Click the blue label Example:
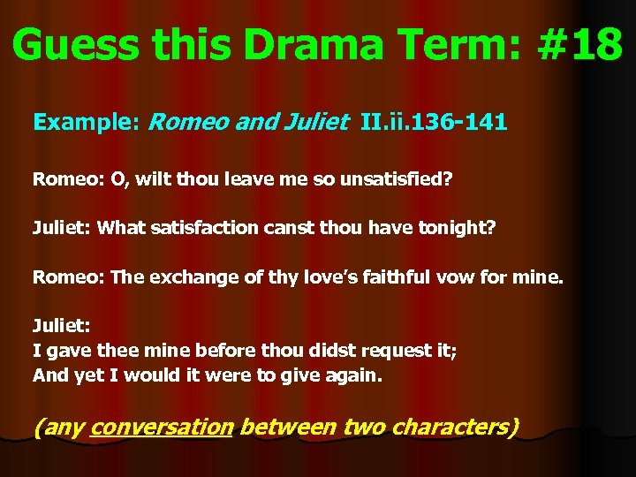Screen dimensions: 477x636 [x=86, y=122]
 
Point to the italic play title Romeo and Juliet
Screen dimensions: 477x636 [x=248, y=122]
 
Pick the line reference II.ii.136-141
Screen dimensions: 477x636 [x=434, y=122]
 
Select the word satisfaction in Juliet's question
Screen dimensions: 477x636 [x=204, y=228]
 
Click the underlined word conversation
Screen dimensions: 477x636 [x=162, y=428]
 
